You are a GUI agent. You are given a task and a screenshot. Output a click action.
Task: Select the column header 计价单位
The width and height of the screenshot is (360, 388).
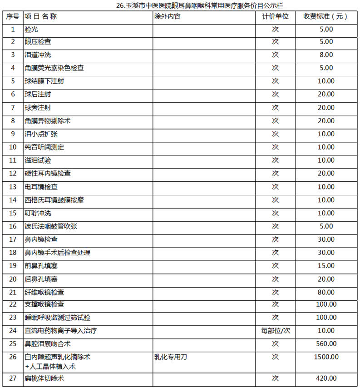[275, 16]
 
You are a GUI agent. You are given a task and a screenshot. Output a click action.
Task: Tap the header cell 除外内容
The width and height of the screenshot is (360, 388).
[168, 16]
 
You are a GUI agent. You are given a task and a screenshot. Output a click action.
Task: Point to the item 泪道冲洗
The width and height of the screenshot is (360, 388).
[38, 55]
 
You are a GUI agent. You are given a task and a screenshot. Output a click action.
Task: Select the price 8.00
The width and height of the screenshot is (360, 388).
[326, 55]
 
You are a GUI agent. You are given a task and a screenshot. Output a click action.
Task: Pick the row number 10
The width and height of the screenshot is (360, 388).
[13, 147]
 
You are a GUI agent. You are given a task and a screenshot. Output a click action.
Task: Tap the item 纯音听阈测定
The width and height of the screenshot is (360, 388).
[44, 147]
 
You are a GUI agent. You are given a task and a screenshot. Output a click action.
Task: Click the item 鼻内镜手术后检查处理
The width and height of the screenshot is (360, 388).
[54, 253]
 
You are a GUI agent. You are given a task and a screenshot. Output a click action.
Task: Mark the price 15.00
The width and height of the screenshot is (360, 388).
[326, 266]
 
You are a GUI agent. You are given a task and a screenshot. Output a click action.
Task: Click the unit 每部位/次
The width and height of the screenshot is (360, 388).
[275, 331]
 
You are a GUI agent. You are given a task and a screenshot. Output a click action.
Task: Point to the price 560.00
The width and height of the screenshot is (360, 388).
[326, 344]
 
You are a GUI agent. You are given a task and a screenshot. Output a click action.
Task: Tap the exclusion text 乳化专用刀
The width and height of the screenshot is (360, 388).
[171, 357]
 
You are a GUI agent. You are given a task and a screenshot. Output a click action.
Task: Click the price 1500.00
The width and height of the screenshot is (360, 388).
[326, 357]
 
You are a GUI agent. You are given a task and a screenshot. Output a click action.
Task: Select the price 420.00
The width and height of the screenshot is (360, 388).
[326, 378]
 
